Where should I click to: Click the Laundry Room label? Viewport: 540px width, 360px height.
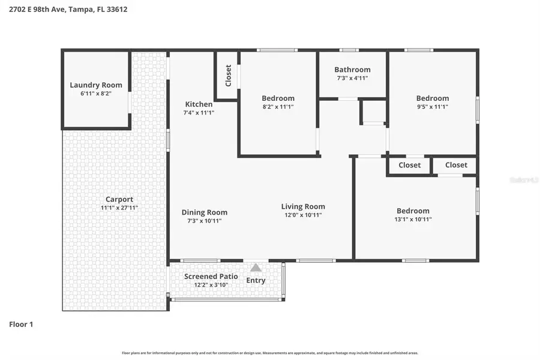coord(95,85)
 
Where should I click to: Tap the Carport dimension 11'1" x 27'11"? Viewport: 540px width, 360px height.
coord(119,208)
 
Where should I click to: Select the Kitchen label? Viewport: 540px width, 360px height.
coord(198,104)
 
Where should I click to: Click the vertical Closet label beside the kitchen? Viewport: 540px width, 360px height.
coord(228,76)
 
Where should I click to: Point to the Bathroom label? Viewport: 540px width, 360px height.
coord(352,70)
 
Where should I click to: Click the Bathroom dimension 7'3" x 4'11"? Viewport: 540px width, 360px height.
coord(352,78)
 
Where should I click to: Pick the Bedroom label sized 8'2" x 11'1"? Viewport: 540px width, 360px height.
coord(278,98)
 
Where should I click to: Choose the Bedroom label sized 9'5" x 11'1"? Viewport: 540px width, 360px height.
coord(432,98)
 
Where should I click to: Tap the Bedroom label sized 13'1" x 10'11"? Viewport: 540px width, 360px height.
coord(413,211)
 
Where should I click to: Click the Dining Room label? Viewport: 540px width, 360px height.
coord(204,212)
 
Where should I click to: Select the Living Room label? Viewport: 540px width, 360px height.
coord(303,207)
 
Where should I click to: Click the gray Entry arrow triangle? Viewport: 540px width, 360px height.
coord(256,268)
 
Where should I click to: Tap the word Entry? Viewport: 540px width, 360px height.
coord(256,280)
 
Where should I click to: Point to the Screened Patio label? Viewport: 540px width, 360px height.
coord(211,277)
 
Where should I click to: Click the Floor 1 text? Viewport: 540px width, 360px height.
coord(21,324)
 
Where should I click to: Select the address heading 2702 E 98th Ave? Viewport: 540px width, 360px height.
coord(68,10)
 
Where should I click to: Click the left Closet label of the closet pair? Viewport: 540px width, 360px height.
coord(409,165)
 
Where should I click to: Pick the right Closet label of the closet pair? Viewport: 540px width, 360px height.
coord(456,165)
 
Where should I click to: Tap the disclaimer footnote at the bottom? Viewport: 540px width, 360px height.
coord(270,353)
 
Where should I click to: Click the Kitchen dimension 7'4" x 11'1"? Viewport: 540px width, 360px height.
coord(199,112)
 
